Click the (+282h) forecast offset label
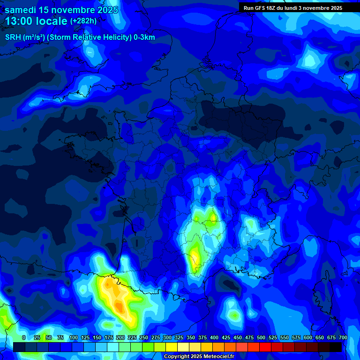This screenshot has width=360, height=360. (x=83, y=21)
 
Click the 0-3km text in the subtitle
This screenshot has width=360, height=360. (x=144, y=37)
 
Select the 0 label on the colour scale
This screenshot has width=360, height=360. (x=24, y=337)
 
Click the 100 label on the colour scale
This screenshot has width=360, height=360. (x=74, y=337)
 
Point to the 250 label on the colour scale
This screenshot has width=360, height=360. (x=144, y=337)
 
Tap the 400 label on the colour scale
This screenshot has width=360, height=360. (x=214, y=337)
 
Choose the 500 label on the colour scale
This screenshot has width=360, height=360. (x=261, y=337)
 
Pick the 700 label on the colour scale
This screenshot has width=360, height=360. (x=343, y=337)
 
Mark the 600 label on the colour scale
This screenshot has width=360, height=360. (x=308, y=337)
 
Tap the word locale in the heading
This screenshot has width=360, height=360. (x=52, y=21)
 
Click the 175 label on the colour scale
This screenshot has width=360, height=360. (x=109, y=337)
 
